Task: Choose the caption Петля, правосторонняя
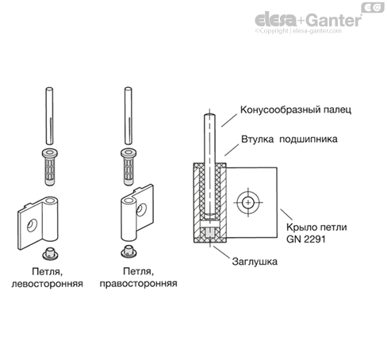coord(139,276)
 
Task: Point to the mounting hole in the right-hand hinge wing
coord(142,209)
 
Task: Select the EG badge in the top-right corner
coord(371,7)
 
